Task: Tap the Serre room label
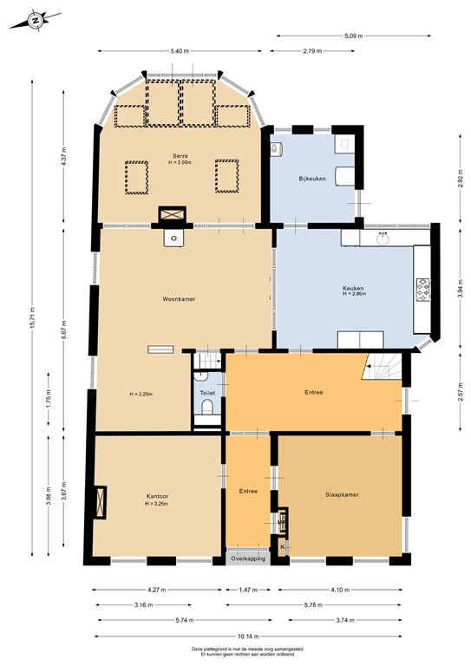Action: (x=180, y=155)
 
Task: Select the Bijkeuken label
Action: (x=312, y=179)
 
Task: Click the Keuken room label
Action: (x=353, y=288)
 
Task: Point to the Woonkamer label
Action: (x=177, y=300)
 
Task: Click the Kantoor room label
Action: (x=156, y=496)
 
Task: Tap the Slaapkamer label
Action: (x=342, y=495)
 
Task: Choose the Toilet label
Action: (x=207, y=393)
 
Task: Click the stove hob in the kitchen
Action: (x=424, y=289)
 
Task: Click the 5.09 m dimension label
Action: (x=353, y=36)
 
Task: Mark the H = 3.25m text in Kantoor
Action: (x=156, y=504)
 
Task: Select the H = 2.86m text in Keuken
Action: (x=354, y=295)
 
